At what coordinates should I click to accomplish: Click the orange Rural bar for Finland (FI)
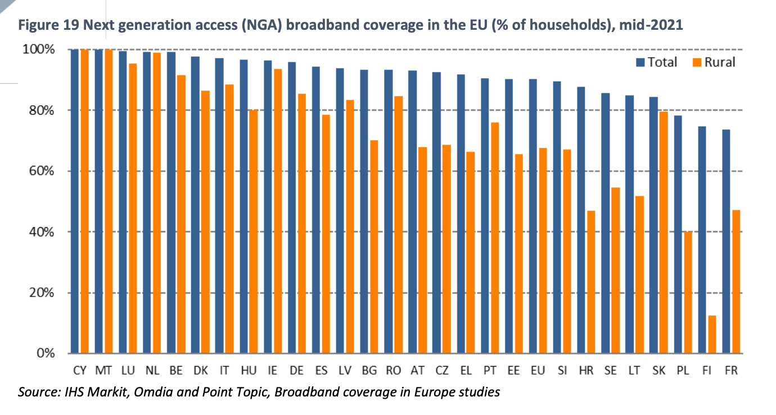click(x=712, y=335)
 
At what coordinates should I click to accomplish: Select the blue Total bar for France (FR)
click(x=727, y=242)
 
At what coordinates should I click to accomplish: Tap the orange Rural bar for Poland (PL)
click(x=688, y=292)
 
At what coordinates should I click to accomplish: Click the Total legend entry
click(x=656, y=62)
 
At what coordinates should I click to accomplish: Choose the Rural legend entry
click(x=712, y=62)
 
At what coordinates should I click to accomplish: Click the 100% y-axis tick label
click(x=38, y=49)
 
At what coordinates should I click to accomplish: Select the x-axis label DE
click(x=297, y=371)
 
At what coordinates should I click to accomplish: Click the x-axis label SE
click(x=610, y=371)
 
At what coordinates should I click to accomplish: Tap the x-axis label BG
click(x=369, y=371)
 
